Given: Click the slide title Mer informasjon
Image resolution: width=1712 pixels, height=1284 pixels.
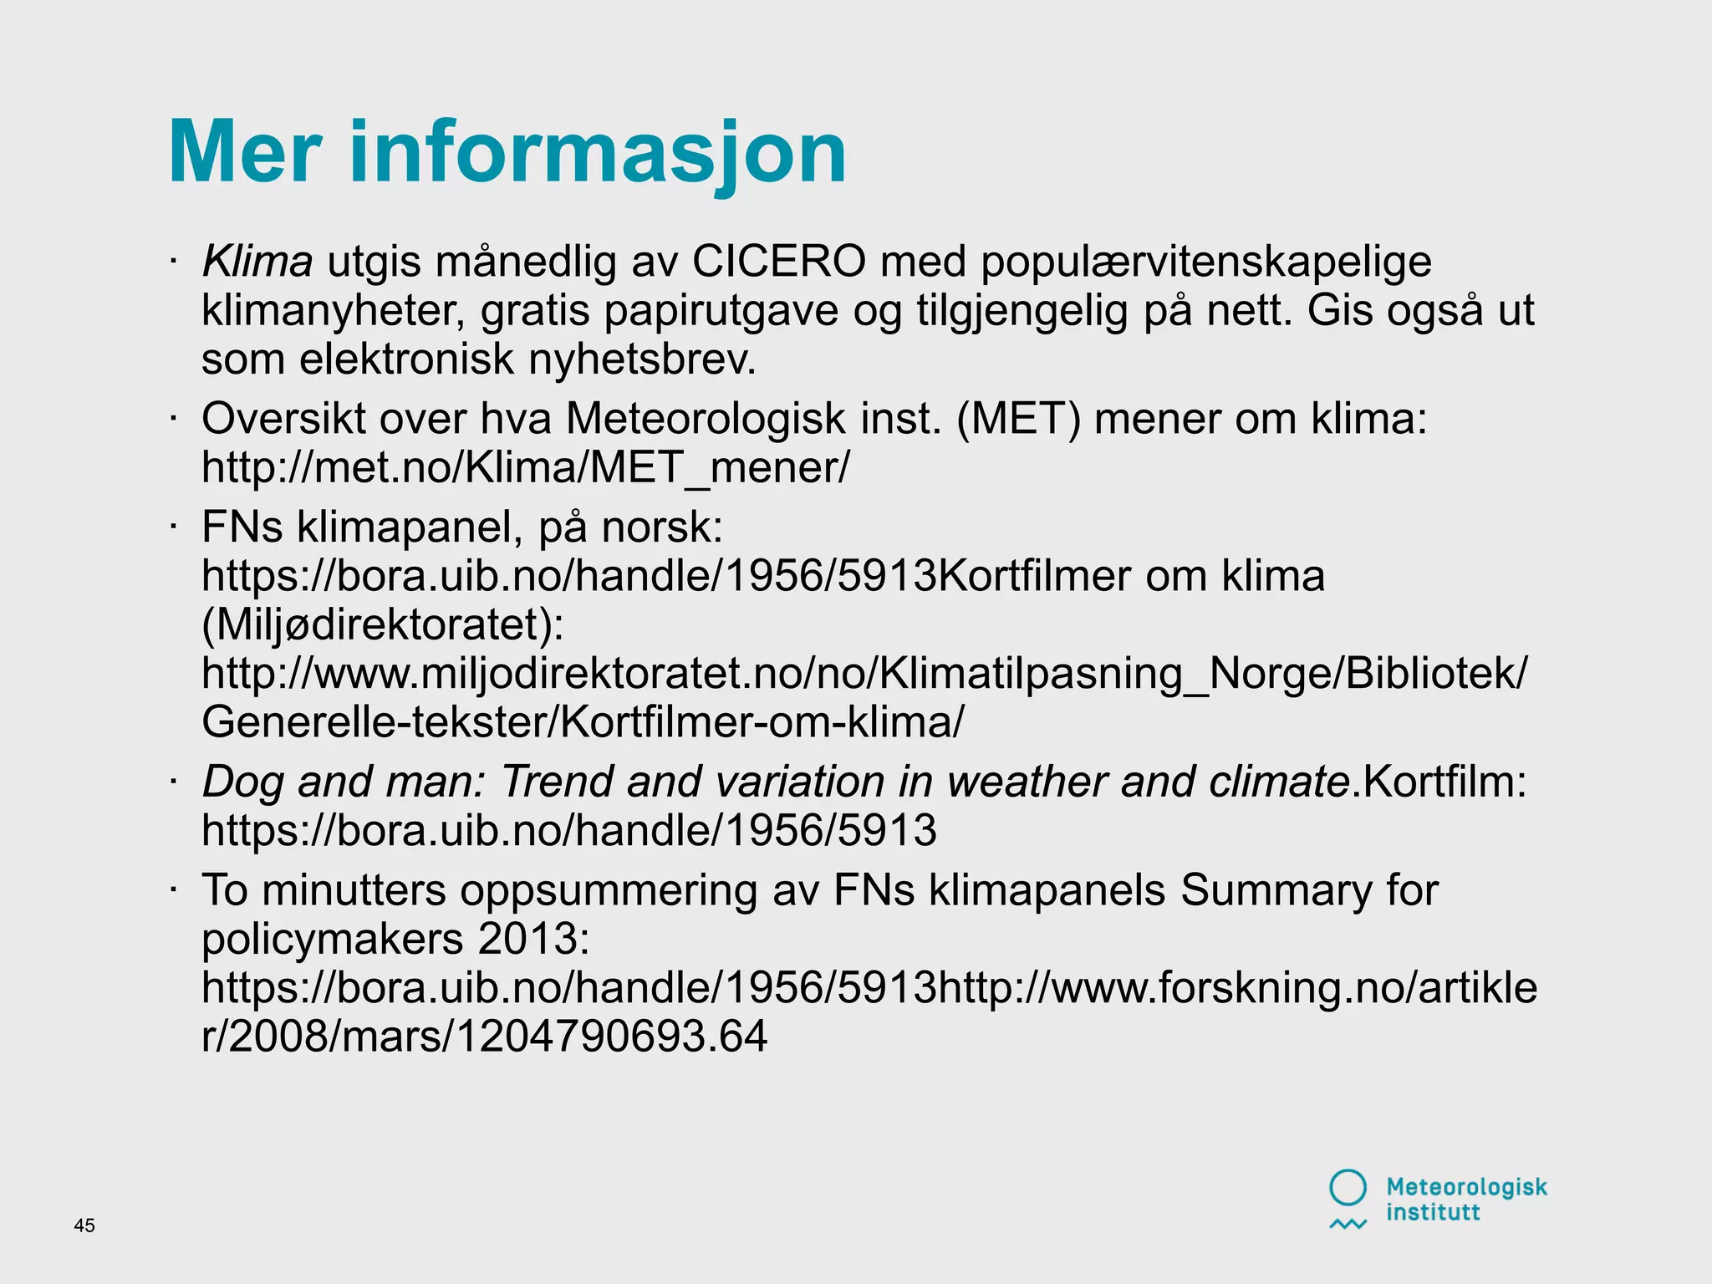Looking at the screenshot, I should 507,153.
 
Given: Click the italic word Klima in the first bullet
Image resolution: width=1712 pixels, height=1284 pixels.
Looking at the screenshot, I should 257,262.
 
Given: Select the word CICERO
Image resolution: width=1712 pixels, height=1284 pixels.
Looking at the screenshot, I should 777,262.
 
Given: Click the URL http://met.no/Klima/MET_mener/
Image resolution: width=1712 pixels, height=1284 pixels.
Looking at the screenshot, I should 525,467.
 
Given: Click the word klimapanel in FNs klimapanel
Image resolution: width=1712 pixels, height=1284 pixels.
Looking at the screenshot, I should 410,528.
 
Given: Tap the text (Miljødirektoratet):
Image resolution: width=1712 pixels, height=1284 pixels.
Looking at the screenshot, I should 383,625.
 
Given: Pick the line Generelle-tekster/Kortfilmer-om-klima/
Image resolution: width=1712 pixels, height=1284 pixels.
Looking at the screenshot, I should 583,722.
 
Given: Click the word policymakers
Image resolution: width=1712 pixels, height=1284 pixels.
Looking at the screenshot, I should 332,940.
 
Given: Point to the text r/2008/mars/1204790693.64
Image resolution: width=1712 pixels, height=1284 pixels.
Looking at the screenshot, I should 484,1037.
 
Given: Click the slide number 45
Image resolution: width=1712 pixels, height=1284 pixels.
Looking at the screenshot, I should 84,1225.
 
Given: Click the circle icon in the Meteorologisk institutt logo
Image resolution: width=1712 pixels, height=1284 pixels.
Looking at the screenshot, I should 1348,1187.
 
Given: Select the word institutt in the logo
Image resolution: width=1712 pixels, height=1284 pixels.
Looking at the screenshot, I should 1433,1212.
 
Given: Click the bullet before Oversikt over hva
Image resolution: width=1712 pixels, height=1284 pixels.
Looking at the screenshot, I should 173,418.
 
